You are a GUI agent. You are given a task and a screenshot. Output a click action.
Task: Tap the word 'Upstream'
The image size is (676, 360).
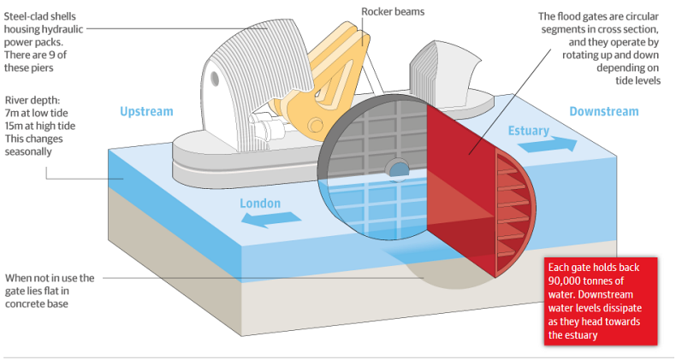pos(146,111)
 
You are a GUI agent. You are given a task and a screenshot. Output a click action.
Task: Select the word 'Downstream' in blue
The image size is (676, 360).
pos(603,111)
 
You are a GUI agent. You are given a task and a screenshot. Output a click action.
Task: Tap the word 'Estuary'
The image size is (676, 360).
pos(531,130)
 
